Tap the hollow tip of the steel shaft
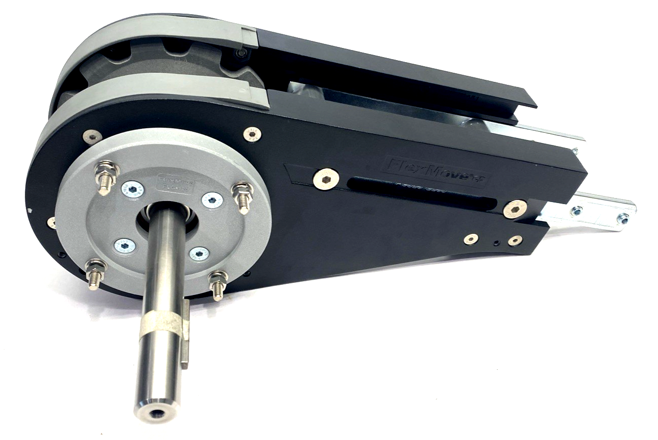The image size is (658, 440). point(156,413)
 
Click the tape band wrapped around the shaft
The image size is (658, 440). point(161,324)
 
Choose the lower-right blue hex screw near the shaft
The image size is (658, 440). point(200,254)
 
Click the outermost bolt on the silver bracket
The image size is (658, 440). point(623,218)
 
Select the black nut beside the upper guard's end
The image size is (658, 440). point(242,53)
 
